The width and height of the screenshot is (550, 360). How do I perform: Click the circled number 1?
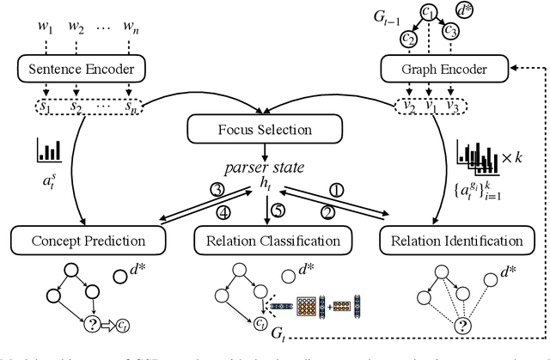click(360, 190)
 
